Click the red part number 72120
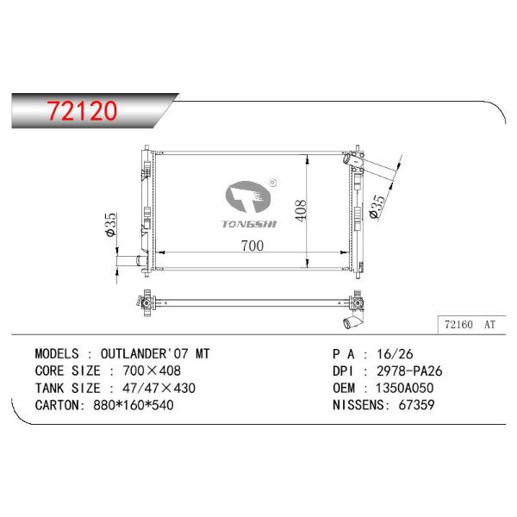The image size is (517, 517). [82, 110]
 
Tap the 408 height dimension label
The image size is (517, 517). [300, 210]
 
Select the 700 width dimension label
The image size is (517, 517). [252, 246]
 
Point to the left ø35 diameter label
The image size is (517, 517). [111, 224]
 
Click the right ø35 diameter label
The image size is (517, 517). [377, 207]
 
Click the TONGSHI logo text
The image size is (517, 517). [249, 224]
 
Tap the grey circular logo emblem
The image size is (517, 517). [248, 196]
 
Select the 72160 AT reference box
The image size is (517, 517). [471, 325]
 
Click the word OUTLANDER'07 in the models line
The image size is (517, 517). [145, 354]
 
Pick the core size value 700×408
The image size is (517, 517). [152, 371]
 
